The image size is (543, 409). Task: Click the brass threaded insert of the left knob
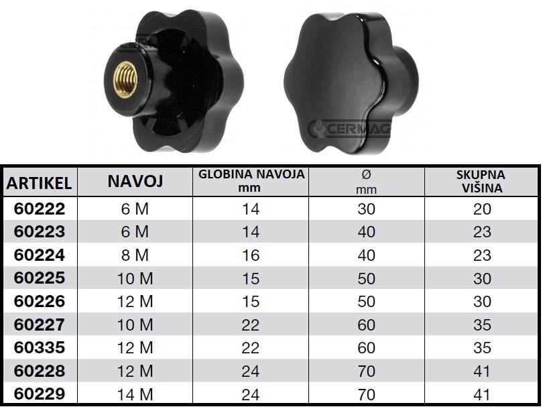pyautogui.click(x=126, y=80)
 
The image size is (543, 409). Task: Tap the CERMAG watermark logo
pyautogui.click(x=349, y=129)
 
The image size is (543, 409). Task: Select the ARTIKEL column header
pyautogui.click(x=39, y=183)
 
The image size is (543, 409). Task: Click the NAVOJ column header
pyautogui.click(x=135, y=181)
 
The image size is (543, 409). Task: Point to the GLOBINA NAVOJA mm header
pyautogui.click(x=251, y=181)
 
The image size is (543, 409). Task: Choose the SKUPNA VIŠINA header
pyautogui.click(x=481, y=182)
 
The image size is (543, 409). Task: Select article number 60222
pyautogui.click(x=40, y=209)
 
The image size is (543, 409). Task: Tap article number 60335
pyautogui.click(x=40, y=348)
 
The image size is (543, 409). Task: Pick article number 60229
pyautogui.click(x=40, y=394)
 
